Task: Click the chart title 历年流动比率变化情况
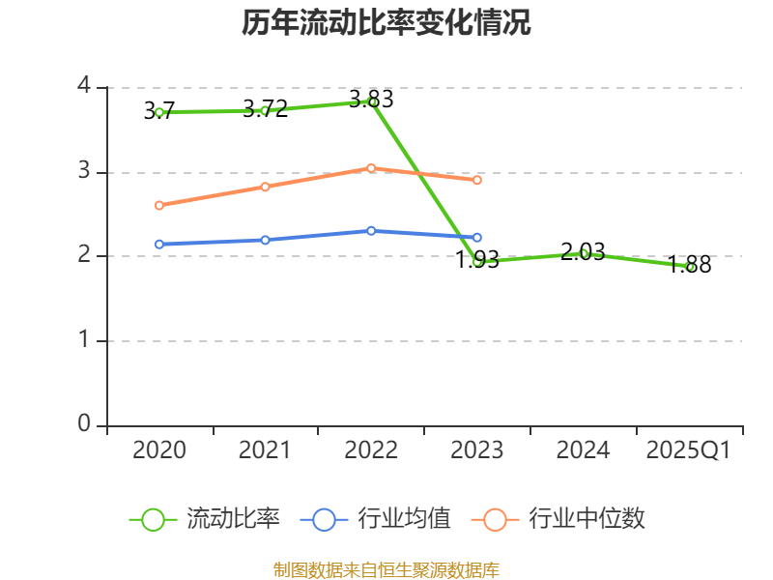386,23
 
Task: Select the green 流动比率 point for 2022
371,101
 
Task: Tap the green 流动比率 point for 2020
159,112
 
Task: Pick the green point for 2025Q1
690,267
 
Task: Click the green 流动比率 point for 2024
584,253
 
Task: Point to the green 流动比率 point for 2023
477,261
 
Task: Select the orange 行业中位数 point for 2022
371,168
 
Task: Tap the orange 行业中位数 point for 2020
159,205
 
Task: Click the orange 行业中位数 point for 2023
477,180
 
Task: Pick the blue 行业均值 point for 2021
265,239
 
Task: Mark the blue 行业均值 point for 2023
477,237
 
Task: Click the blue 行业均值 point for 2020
159,245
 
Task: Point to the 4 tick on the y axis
84,87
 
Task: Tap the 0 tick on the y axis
84,425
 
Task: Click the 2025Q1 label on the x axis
689,450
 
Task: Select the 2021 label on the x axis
265,450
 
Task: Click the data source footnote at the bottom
386,569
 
